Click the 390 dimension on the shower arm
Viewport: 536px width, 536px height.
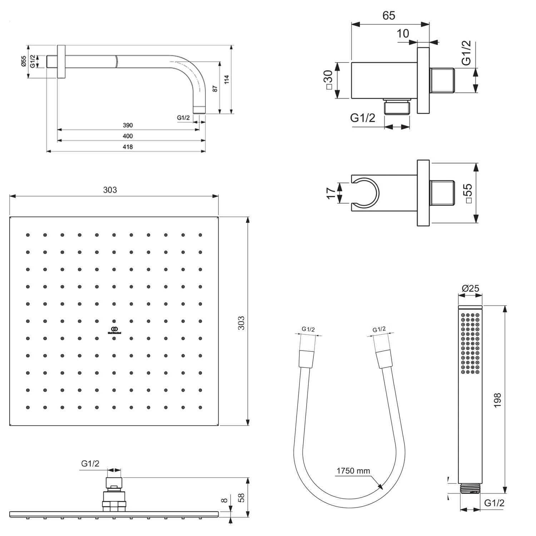pyautogui.click(x=128, y=125)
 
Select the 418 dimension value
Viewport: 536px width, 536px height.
pyautogui.click(x=128, y=147)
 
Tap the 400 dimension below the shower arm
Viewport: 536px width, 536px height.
pyautogui.click(x=128, y=136)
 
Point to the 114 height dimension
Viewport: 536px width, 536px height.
pyautogui.click(x=227, y=79)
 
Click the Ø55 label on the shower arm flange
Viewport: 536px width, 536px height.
pyautogui.click(x=24, y=61)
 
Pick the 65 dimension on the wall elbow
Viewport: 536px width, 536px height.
pyautogui.click(x=389, y=16)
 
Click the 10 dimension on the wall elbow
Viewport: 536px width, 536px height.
pyautogui.click(x=403, y=34)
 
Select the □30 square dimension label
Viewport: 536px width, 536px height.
pyautogui.click(x=328, y=80)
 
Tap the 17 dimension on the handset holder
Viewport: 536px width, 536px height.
pyautogui.click(x=331, y=193)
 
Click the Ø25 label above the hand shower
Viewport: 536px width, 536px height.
pyautogui.click(x=470, y=288)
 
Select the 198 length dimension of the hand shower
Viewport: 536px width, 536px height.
pyautogui.click(x=497, y=400)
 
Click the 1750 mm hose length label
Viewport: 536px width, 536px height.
pyautogui.click(x=353, y=471)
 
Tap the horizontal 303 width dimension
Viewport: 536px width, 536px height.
pyautogui.click(x=110, y=190)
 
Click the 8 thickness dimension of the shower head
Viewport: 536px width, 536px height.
pyautogui.click(x=224, y=501)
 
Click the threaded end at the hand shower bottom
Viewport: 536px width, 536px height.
pyautogui.click(x=470, y=489)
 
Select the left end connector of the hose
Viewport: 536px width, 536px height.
pyautogui.click(x=307, y=359)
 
